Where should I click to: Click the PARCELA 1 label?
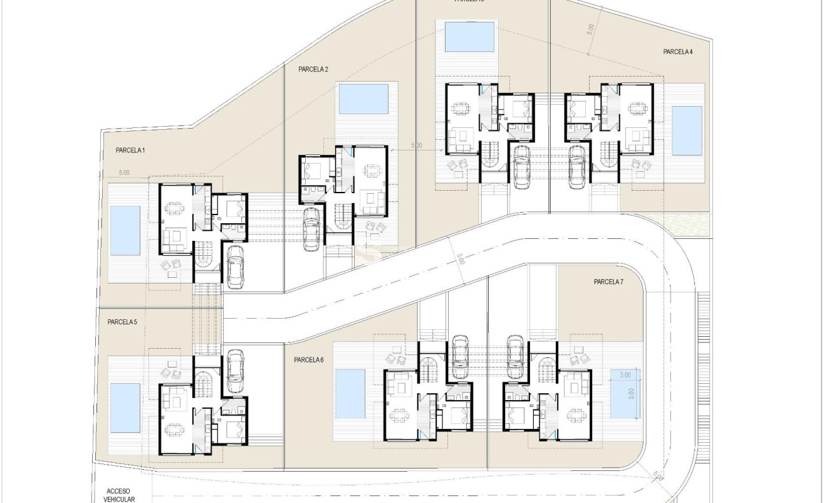coord(130,151)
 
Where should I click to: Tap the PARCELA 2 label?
coord(313,70)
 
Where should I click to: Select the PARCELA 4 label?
coord(678,52)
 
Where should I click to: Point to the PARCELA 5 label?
coord(122,322)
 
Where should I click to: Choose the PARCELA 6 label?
coord(308,360)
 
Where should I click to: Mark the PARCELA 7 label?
coord(608,282)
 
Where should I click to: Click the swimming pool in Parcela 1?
coord(125,231)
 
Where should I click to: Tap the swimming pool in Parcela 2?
coord(363,99)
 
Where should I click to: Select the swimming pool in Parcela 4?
coord(687,130)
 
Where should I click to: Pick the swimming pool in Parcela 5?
coord(125,408)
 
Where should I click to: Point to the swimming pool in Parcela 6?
coord(350,394)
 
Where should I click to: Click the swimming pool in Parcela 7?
coord(624,394)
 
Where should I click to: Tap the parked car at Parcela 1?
coord(235,267)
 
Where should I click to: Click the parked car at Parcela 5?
coord(235,371)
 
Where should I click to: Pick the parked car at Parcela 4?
coord(577,165)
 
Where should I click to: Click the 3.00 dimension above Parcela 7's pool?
coord(625,375)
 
